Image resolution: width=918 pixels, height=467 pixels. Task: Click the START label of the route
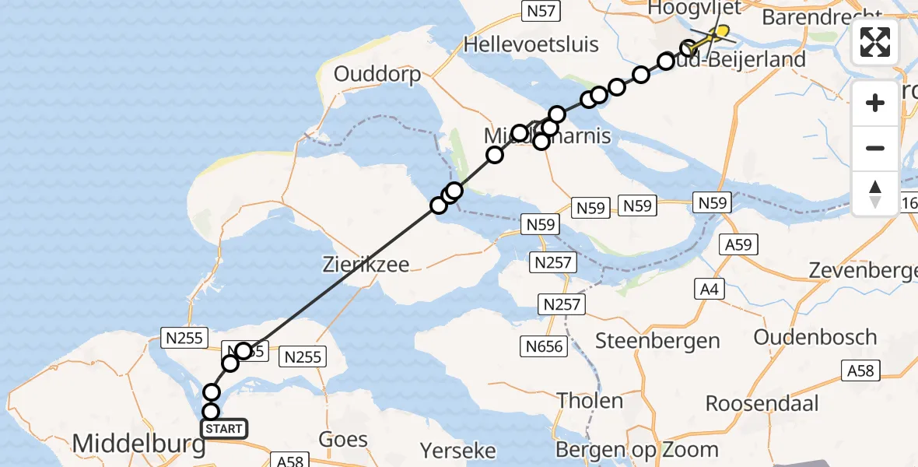(224, 428)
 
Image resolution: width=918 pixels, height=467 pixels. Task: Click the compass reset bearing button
(875, 193)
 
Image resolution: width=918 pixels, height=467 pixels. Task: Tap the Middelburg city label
(139, 444)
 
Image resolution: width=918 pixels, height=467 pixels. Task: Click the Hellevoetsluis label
(531, 44)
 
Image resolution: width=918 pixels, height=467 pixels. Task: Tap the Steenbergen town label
(657, 340)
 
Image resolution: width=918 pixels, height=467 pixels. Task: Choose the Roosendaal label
(762, 403)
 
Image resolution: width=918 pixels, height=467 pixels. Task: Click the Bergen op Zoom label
(637, 450)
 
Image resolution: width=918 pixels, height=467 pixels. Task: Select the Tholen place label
(589, 401)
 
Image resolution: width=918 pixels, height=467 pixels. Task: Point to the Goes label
(343, 439)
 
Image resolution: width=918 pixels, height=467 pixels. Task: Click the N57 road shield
(540, 10)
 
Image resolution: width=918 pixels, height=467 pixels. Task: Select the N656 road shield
(545, 346)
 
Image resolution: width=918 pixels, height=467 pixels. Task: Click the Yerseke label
(458, 450)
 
